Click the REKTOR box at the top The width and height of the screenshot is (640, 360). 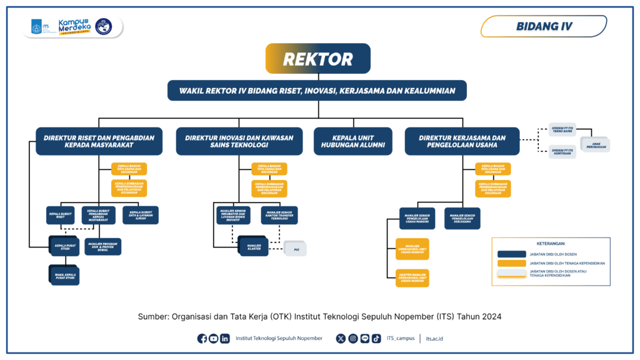pyautogui.click(x=318, y=59)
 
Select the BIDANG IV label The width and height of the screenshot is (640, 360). pyautogui.click(x=543, y=26)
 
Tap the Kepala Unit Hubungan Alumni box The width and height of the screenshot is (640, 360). pyautogui.click(x=352, y=141)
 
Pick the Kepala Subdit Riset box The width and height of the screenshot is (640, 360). pyautogui.click(x=61, y=215)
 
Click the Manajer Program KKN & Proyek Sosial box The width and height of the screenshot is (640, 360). pyautogui.click(x=102, y=246)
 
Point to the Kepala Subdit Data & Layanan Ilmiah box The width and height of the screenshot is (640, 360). pyautogui.click(x=140, y=215)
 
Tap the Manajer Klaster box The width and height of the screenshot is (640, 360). pyautogui.click(x=252, y=246)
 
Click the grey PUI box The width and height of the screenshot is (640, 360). pyautogui.click(x=296, y=249)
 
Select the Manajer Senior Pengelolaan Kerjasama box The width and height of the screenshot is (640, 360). pyautogui.click(x=462, y=218)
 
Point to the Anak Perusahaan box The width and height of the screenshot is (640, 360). pyautogui.click(x=595, y=143)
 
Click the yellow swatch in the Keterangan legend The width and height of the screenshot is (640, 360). pyautogui.click(x=511, y=263)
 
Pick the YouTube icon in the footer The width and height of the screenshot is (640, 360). pyautogui.click(x=214, y=339)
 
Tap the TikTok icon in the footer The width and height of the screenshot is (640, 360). pyautogui.click(x=376, y=339)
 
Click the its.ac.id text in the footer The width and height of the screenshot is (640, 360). pyautogui.click(x=434, y=339)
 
